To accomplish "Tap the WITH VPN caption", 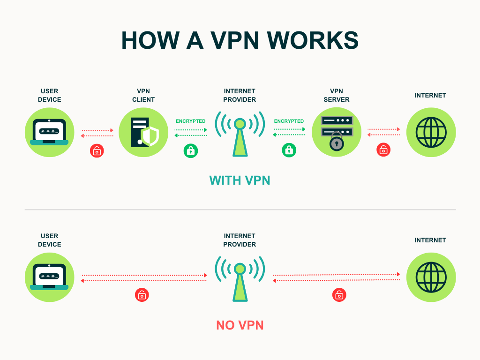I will [240, 180].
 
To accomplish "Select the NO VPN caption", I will [240, 325].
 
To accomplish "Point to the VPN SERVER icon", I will [336, 132].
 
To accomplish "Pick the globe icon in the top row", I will [431, 132].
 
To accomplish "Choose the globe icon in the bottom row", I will [431, 277].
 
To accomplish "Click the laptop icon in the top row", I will [49, 132].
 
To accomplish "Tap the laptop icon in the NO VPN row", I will [49, 277].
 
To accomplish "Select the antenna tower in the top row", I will [240, 134].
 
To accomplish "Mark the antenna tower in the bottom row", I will [240, 278].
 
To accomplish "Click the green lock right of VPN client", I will [191, 150].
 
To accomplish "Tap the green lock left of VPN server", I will [289, 150].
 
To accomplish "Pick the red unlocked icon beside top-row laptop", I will [97, 150].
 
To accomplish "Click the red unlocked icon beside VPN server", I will [383, 150].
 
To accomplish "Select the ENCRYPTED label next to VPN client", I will [190, 121].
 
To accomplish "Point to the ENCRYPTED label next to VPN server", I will [289, 121].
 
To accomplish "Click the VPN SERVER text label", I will [336, 95].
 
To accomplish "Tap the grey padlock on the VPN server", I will [336, 142].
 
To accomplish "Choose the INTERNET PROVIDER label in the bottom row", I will [240, 240].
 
